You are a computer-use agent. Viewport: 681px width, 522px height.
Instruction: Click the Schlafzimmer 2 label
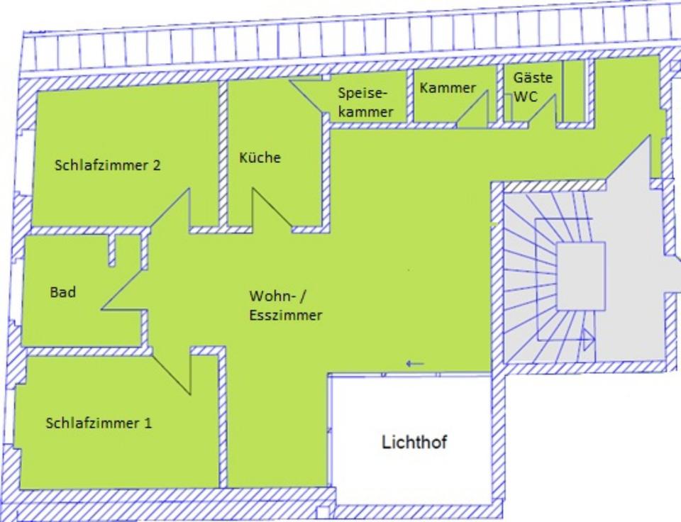[108, 165]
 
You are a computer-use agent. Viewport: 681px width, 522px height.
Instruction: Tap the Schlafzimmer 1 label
[99, 423]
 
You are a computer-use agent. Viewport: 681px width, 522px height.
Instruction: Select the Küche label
[260, 157]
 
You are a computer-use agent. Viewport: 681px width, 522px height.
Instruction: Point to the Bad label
[63, 292]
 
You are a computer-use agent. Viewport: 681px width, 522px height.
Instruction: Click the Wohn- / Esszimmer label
[284, 306]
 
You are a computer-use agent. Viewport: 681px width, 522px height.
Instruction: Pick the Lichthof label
[414, 443]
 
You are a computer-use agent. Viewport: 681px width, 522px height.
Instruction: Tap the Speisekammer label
[365, 102]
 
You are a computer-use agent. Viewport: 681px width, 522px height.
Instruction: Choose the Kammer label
[447, 88]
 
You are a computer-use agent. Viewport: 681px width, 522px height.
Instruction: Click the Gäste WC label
[532, 87]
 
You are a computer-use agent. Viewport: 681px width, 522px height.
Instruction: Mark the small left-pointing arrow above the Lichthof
[415, 364]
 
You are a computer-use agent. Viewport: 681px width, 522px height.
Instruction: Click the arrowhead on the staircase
[588, 340]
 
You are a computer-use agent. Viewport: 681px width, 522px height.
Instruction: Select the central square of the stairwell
[580, 276]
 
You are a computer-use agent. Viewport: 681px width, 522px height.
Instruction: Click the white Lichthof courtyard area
[411, 468]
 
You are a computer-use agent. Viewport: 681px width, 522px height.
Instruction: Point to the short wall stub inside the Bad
[112, 250]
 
